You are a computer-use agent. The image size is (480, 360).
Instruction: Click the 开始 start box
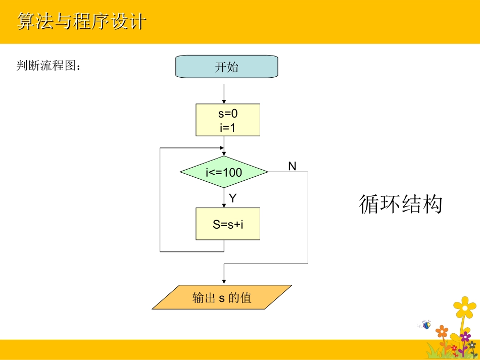point(226,67)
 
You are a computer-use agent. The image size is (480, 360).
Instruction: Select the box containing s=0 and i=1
point(228,120)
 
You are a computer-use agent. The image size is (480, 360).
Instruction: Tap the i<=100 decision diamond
point(224,172)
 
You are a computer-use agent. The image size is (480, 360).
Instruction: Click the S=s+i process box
point(228,224)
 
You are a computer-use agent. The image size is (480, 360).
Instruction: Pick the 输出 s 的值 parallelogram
point(222,297)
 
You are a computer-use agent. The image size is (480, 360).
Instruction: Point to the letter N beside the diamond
point(292,166)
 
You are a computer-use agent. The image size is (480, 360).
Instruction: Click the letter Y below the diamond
point(232,198)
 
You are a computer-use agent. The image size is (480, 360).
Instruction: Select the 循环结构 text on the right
point(401,204)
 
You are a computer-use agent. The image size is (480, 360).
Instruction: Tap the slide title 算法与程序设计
point(82,21)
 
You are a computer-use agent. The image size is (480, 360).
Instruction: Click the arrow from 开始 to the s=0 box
point(224,93)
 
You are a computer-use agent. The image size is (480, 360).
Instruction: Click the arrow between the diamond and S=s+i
point(224,198)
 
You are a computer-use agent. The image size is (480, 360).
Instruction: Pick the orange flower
point(442,332)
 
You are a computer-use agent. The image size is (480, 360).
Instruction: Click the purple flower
point(465,336)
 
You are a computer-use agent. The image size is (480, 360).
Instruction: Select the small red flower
point(454,348)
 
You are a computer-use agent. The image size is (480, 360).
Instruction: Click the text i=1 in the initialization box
point(228,128)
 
